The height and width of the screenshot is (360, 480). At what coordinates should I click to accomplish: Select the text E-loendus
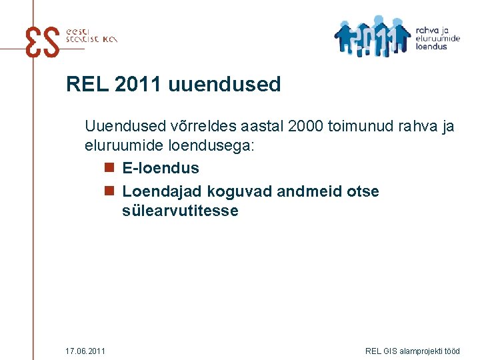coord(161,168)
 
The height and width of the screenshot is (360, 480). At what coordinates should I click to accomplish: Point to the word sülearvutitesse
coord(180,211)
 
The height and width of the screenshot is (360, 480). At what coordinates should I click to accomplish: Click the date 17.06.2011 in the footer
coord(85,351)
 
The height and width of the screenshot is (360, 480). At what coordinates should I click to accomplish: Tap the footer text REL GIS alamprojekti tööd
coord(413,351)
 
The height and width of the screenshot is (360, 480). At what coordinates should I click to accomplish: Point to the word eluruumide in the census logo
coord(437,39)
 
